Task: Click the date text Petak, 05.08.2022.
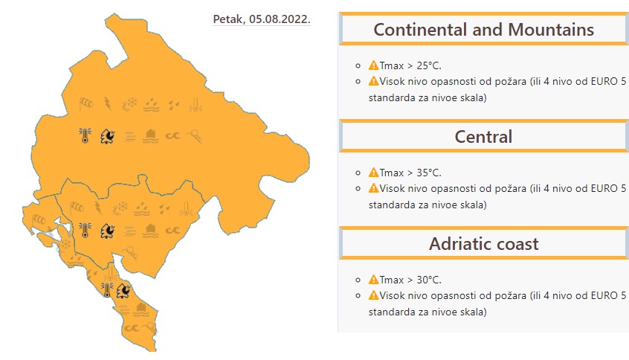262,19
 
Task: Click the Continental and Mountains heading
483,30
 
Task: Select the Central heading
483,137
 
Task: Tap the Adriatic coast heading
483,244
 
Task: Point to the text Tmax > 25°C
410,65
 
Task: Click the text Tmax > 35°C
410,173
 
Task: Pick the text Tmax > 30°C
410,280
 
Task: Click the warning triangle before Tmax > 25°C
373,65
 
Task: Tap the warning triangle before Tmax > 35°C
373,173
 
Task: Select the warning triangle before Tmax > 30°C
373,280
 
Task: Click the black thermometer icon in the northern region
85,135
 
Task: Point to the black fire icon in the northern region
108,136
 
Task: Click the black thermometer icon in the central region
85,231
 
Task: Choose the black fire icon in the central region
108,231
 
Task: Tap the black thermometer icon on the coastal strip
107,289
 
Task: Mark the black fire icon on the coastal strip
123,290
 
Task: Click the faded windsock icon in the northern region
86,104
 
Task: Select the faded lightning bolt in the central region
98,208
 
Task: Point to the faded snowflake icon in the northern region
129,104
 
